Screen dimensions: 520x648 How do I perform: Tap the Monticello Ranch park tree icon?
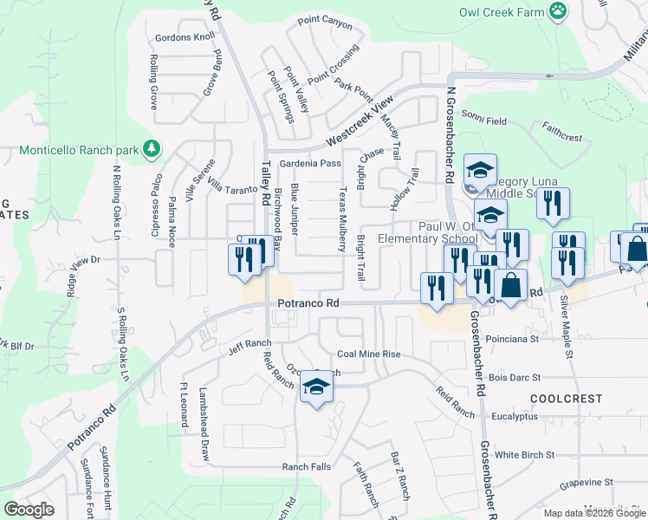[x=152, y=149]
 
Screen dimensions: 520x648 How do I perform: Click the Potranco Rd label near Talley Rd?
[x=308, y=303]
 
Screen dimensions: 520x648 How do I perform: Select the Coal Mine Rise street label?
[x=368, y=354]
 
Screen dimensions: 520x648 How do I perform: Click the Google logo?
[x=29, y=509]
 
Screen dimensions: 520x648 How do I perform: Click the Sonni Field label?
[x=483, y=121]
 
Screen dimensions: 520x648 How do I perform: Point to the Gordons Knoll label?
[x=185, y=38]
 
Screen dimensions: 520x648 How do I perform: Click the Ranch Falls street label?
[x=306, y=466]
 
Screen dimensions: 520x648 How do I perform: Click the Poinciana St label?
[x=512, y=339]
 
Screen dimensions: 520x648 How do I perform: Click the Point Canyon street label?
[x=325, y=20]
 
